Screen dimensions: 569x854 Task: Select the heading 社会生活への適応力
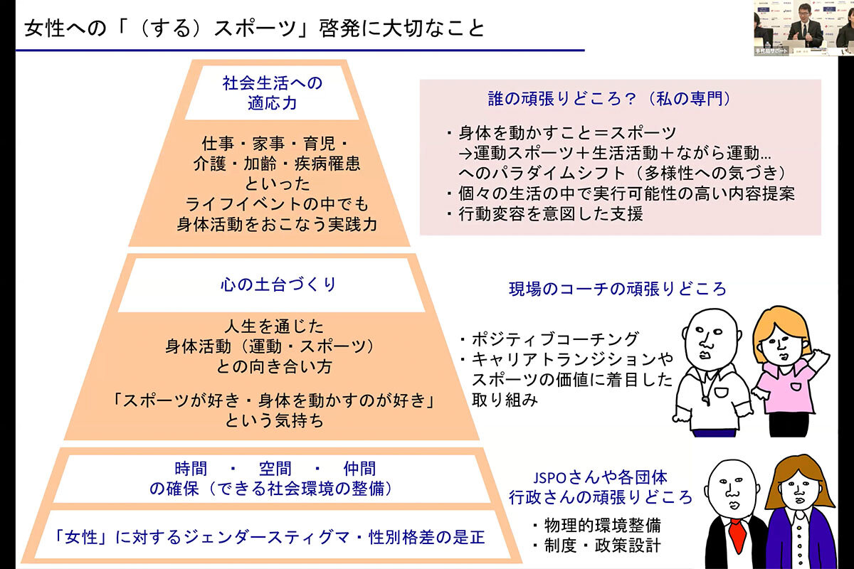(273, 92)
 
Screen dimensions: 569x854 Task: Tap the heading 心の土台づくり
(278, 285)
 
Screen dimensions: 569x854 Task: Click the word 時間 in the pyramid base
(191, 469)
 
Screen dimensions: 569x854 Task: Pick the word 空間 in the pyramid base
(274, 469)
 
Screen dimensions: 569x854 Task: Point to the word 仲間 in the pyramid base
(359, 469)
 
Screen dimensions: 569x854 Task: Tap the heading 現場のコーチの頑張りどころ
(618, 289)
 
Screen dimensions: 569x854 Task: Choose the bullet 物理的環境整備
(596, 526)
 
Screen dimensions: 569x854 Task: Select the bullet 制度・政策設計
(596, 546)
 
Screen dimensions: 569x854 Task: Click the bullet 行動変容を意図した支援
(544, 213)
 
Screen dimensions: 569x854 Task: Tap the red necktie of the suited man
(735, 533)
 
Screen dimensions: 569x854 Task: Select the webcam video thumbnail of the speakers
(803, 28)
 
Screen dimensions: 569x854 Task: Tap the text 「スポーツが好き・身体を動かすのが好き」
(275, 400)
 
